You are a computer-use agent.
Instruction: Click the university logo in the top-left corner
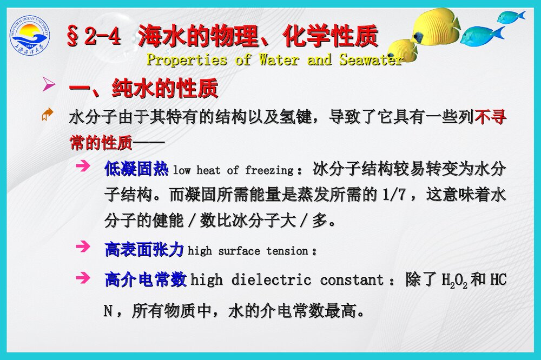point(30,36)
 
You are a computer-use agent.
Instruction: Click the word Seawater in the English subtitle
point(371,59)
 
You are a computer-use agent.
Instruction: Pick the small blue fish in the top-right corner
point(510,17)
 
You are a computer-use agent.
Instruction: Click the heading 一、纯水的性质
point(143,88)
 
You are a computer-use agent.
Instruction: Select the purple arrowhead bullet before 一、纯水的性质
point(49,84)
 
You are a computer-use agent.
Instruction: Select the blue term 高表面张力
point(144,250)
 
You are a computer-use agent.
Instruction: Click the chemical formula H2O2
point(454,281)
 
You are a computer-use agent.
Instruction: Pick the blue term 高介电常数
point(146,279)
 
